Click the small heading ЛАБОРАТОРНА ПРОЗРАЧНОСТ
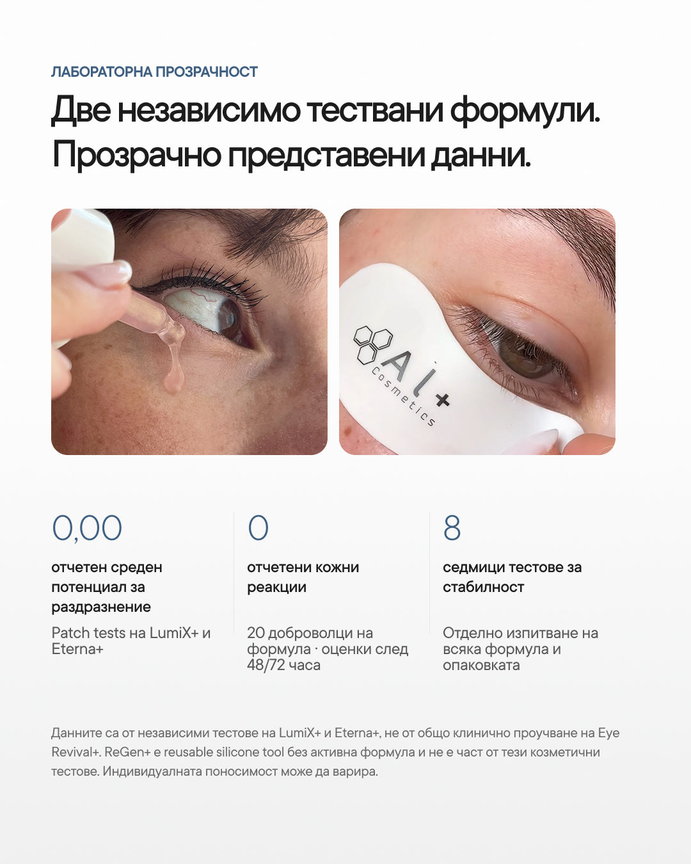pos(155,72)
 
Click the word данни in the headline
pos(481,156)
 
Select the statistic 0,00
pos(87,529)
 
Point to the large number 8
pos(452,528)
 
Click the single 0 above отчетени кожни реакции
pos(258,528)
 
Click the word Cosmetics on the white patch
pos(402,396)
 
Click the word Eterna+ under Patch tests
pos(77,649)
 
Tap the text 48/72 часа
pos(283,665)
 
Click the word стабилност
pos(484,587)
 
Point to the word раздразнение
pos(101,607)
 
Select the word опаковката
pos(481,665)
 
